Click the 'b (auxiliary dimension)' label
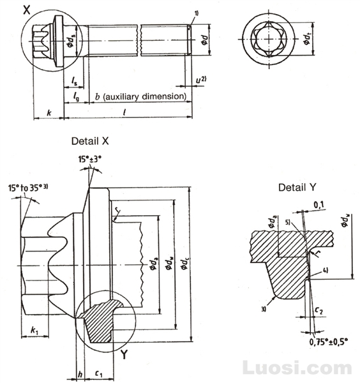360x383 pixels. click(140, 96)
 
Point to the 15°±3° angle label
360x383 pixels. click(89, 158)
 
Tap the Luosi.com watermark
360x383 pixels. click(298, 368)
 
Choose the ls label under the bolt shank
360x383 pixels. click(75, 82)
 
